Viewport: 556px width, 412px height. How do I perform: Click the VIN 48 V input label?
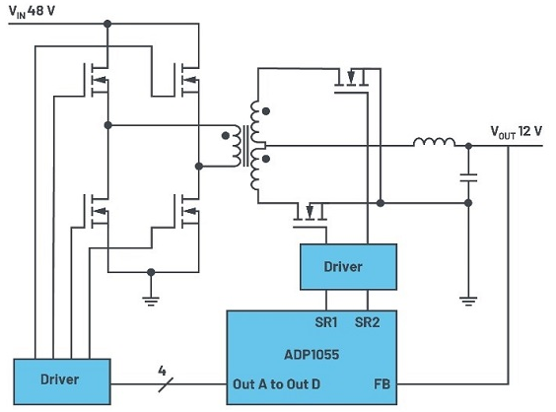click(x=32, y=12)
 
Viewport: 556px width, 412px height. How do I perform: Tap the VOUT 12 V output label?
click(x=517, y=131)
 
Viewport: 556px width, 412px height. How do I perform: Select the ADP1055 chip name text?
click(x=312, y=355)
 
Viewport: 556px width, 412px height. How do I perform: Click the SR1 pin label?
click(x=326, y=322)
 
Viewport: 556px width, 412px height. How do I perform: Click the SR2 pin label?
click(x=368, y=322)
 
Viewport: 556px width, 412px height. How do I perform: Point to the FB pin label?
click(x=382, y=384)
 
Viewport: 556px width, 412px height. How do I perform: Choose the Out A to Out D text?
click(x=277, y=384)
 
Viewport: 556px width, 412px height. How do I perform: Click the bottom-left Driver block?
click(x=62, y=381)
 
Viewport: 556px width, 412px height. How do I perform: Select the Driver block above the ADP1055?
click(x=348, y=267)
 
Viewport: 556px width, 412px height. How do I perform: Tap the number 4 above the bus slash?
click(x=162, y=371)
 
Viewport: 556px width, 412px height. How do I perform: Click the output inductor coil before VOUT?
click(x=434, y=142)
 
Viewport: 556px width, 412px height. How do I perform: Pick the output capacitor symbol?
click(x=468, y=177)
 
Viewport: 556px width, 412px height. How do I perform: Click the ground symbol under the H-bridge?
click(x=151, y=302)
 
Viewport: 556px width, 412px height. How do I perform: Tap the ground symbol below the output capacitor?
click(x=468, y=302)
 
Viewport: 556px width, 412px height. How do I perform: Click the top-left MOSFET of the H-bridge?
click(x=97, y=80)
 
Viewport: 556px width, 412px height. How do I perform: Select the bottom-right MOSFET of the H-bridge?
click(x=187, y=211)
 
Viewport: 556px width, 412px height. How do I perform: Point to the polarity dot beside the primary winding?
click(x=225, y=135)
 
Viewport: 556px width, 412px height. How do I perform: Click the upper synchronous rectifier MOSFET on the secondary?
click(x=352, y=81)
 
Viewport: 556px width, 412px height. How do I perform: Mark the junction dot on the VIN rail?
click(x=107, y=24)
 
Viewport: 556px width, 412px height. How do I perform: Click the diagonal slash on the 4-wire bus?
click(x=166, y=384)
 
